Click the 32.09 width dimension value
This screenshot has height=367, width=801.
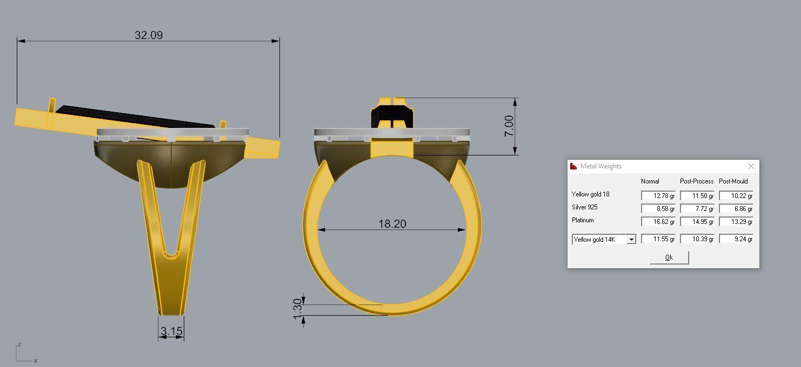pos(149,35)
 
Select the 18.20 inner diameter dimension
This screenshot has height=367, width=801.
pos(392,223)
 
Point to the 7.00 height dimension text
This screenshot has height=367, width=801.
pos(509,126)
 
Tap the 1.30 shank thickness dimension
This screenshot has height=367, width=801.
pos(297,309)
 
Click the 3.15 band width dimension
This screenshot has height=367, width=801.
pos(171,331)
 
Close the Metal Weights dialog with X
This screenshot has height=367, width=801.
pos(751,166)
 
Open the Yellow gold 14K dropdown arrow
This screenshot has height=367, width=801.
pos(631,239)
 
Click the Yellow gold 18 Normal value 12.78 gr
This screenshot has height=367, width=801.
pos(658,195)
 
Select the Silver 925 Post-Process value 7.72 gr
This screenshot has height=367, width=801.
pos(697,208)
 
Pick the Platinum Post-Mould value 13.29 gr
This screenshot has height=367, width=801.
pos(736,221)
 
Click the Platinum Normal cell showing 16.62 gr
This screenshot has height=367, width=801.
pos(658,221)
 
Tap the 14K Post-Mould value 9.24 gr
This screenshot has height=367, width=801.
pos(736,239)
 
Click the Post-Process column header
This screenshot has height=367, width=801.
pos(696,181)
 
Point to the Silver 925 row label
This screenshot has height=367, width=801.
pos(584,207)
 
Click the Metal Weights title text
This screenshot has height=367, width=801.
pos(600,166)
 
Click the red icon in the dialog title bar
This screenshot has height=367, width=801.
pos(573,166)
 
